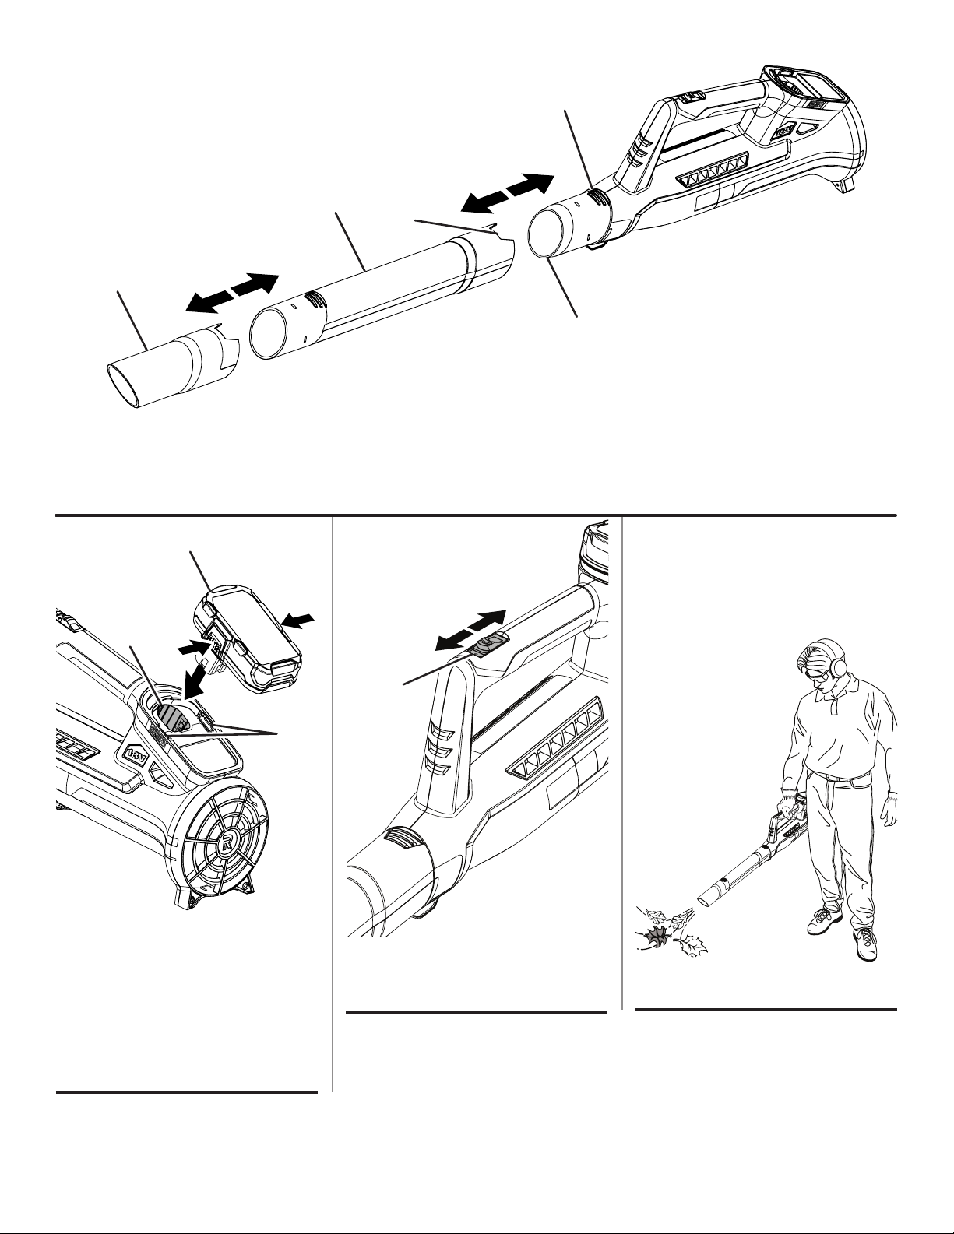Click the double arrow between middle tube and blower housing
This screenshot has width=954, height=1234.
pos(507,194)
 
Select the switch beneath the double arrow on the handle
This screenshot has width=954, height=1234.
pos(489,645)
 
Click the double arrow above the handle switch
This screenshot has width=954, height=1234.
pos(470,630)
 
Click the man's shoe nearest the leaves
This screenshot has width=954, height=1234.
pos(823,921)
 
